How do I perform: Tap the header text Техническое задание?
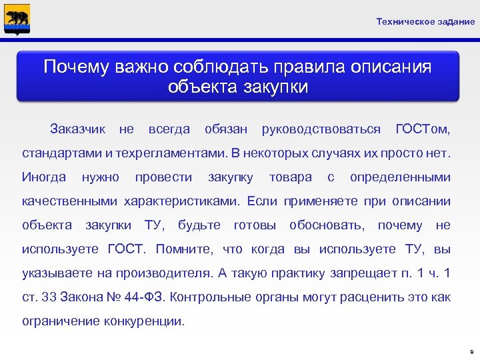coord(425,22)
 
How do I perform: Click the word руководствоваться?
coord(321,128)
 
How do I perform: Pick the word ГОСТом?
coord(423,128)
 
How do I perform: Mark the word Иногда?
coord(44,177)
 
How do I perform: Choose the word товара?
coord(290,177)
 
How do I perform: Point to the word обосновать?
coord(327,225)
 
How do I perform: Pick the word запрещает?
coord(361,273)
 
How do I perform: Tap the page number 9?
coord(471,351)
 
